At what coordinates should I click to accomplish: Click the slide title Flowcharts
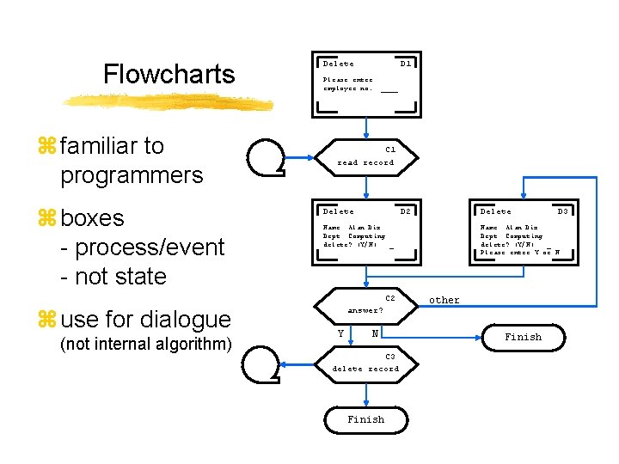tap(169, 74)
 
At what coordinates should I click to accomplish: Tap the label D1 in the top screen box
tap(406, 64)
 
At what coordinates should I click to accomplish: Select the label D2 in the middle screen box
tap(406, 211)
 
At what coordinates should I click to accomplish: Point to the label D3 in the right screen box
tap(563, 211)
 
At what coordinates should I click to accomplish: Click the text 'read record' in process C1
tap(365, 162)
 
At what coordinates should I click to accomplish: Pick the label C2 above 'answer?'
tap(389, 298)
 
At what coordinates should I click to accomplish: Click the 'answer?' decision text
tap(365, 310)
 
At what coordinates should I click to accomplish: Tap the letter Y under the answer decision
tap(341, 333)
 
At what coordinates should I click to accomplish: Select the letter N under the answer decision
tap(376, 333)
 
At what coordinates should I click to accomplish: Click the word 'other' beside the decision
tap(444, 300)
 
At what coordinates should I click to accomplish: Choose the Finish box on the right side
tap(523, 337)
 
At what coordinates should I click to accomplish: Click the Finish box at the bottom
tap(365, 419)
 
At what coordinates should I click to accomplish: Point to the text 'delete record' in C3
tap(365, 369)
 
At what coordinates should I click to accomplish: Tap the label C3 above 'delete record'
tap(389, 357)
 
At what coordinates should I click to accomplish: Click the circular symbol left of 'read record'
tap(266, 156)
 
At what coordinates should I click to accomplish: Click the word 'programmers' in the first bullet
tap(132, 175)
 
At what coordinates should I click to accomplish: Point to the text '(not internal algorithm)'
tap(146, 345)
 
